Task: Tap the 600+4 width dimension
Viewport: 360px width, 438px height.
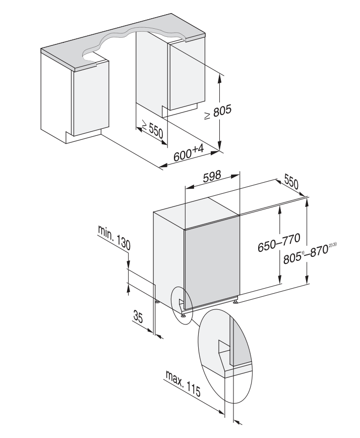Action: pyautogui.click(x=188, y=153)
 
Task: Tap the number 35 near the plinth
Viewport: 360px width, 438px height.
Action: pyautogui.click(x=138, y=318)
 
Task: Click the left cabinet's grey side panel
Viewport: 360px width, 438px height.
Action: pyautogui.click(x=91, y=101)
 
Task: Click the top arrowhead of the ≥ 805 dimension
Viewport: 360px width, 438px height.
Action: pyautogui.click(x=220, y=76)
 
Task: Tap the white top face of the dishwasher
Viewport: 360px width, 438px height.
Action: pyautogui.click(x=197, y=212)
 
